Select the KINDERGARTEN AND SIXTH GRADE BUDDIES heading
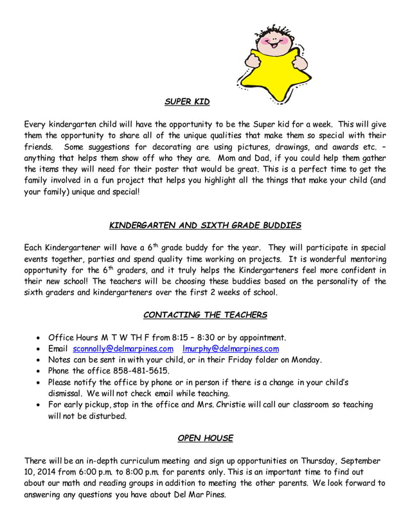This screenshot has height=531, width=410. pyautogui.click(x=204, y=226)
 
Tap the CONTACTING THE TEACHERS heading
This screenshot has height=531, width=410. pyautogui.click(x=205, y=314)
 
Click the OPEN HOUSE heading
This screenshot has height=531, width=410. pyautogui.click(x=205, y=438)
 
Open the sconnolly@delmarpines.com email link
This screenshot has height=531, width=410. pyautogui.click(x=123, y=348)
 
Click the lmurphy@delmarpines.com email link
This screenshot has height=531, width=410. pyautogui.click(x=231, y=348)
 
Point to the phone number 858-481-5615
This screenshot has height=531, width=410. pyautogui.click(x=140, y=371)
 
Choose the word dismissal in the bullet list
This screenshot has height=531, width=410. pyautogui.click(x=67, y=393)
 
